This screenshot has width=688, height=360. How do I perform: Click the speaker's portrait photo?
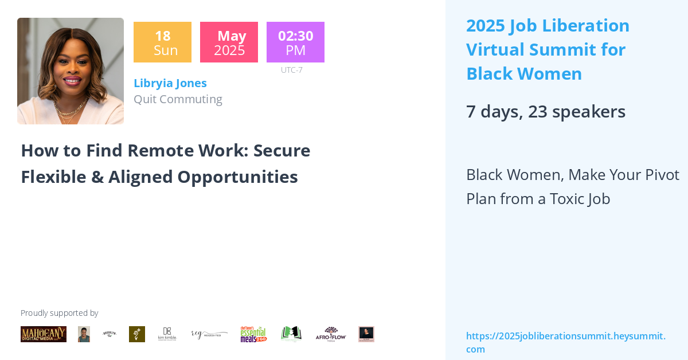click(71, 71)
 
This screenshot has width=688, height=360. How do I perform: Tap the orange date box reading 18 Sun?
click(162, 42)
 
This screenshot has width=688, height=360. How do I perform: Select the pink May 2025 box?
click(229, 42)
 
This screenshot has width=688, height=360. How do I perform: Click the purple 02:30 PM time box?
click(295, 42)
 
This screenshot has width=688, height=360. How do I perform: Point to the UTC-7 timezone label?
click(291, 70)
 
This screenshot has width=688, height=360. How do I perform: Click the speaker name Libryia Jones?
click(170, 83)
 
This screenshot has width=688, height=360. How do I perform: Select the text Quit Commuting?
click(178, 99)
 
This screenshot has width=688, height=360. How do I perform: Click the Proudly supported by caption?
click(60, 313)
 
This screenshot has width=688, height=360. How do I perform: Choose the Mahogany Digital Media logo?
click(44, 334)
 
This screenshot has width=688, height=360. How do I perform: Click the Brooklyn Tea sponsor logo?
click(109, 334)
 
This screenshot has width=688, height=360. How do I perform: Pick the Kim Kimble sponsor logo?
click(167, 334)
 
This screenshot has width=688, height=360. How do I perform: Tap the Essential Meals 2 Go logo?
click(253, 334)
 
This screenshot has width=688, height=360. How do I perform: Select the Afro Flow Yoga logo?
click(331, 334)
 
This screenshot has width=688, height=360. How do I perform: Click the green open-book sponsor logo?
click(291, 334)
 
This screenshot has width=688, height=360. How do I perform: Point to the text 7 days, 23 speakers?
click(545, 111)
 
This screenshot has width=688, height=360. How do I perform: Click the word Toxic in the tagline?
click(568, 199)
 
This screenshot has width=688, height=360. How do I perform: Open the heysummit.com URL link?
click(565, 342)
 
